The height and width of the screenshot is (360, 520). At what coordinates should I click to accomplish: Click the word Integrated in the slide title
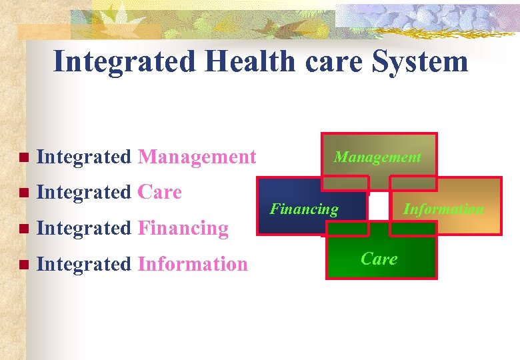pos(125,62)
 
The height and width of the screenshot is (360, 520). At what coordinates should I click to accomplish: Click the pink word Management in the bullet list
pos(197,157)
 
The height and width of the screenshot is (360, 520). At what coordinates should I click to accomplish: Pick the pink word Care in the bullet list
pos(159,192)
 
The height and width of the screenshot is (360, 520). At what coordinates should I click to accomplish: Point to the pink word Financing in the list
pos(183,228)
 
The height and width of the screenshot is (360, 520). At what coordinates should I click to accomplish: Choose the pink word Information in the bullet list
pos(193,264)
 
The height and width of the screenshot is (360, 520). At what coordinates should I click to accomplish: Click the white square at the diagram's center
pos(379,207)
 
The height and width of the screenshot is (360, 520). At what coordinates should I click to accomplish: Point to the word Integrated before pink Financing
pos(84,228)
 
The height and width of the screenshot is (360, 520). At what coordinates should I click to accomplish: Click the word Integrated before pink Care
pos(84,192)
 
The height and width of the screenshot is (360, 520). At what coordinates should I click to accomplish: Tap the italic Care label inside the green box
pos(379,259)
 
